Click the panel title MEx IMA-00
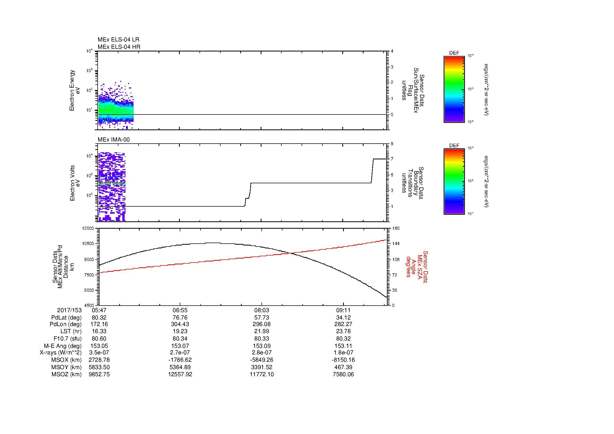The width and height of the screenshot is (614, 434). pyautogui.click(x=114, y=140)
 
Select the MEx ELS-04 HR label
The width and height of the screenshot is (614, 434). pyautogui.click(x=119, y=47)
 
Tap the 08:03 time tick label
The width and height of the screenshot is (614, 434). pyautogui.click(x=261, y=310)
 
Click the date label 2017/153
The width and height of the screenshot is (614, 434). pyautogui.click(x=69, y=310)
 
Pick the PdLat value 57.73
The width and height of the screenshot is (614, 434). pyautogui.click(x=261, y=318)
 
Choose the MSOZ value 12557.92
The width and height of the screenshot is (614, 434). pyautogui.click(x=180, y=374)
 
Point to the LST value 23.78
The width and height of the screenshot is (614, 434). pyautogui.click(x=343, y=331)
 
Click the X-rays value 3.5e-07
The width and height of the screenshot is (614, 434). pyautogui.click(x=99, y=353)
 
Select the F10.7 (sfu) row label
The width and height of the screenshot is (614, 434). pyautogui.click(x=67, y=338)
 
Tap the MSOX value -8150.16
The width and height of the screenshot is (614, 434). pyautogui.click(x=343, y=360)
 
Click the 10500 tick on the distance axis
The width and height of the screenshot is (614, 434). pyautogui.click(x=88, y=244)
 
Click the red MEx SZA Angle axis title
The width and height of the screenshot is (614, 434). pyautogui.click(x=417, y=266)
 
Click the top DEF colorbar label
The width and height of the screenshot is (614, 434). pyautogui.click(x=454, y=53)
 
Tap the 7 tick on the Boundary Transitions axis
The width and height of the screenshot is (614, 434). pyautogui.click(x=392, y=159)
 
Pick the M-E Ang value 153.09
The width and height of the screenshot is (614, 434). pyautogui.click(x=261, y=346)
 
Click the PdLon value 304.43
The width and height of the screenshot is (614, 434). pyautogui.click(x=180, y=324)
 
